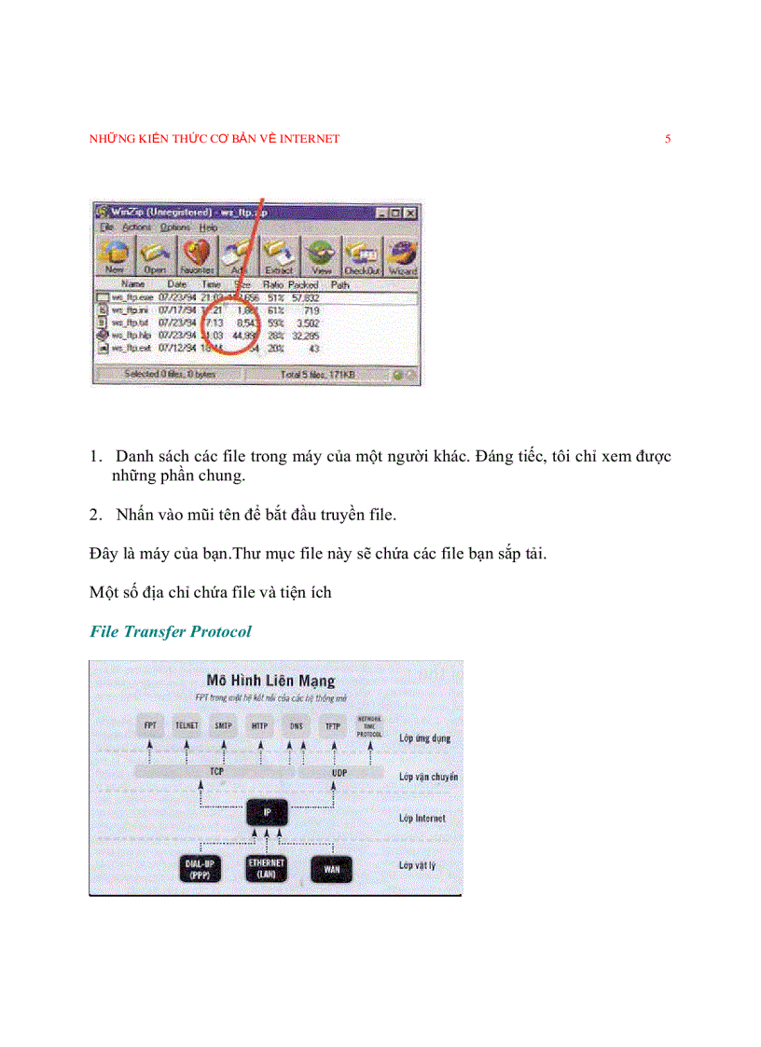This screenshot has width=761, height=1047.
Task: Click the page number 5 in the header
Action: coord(668,139)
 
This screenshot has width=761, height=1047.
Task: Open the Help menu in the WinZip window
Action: coord(208,227)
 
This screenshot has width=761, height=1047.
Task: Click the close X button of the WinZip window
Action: coord(411,213)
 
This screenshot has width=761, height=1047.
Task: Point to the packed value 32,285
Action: coord(305,334)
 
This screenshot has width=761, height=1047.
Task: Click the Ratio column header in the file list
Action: coord(273,284)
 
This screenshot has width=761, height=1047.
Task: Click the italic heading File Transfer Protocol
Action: coord(171,631)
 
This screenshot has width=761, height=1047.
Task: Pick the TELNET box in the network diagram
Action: coord(187,723)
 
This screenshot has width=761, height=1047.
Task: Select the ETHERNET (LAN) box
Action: coord(267,868)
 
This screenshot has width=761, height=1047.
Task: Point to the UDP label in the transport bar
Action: coord(339,773)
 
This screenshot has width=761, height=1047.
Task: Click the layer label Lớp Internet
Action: coord(422,819)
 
